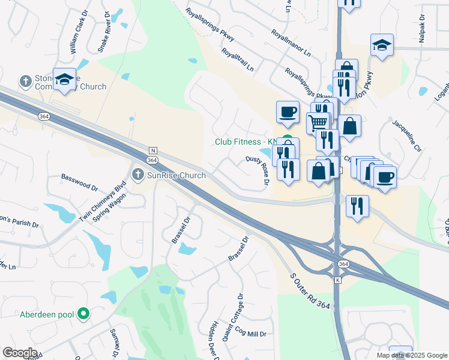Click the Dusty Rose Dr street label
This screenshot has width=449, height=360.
tap(257, 170)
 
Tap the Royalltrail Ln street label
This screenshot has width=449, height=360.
tap(237, 60)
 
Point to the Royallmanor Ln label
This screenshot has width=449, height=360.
tap(291, 43)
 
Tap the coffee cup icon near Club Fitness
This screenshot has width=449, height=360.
tap(288, 111)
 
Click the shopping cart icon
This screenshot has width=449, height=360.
tap(318, 122)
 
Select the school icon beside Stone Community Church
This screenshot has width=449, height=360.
tap(64, 79)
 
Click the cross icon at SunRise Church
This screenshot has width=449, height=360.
tap(137, 175)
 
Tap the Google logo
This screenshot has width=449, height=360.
tap(20, 353)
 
